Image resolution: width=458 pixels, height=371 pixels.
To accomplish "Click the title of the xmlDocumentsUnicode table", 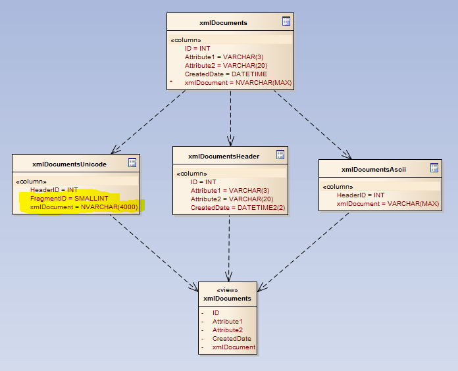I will pyautogui.click(x=69, y=163).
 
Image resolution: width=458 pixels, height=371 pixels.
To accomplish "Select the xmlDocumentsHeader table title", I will pyautogui.click(x=223, y=156).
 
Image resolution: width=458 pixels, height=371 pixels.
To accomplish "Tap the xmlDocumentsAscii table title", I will pyautogui.click(x=373, y=169).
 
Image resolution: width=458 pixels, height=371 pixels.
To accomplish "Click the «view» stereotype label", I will pyautogui.click(x=227, y=289).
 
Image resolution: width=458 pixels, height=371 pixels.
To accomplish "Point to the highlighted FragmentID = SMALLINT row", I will pyautogui.click(x=69, y=198).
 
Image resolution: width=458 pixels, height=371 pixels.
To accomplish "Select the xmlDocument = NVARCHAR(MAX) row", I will pyautogui.click(x=238, y=83).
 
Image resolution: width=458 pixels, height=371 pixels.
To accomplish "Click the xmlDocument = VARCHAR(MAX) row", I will pyautogui.click(x=388, y=204).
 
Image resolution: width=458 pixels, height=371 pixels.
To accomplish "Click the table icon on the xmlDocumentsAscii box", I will pyautogui.click(x=434, y=168).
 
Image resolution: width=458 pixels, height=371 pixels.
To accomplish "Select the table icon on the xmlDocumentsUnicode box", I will pyautogui.click(x=132, y=162).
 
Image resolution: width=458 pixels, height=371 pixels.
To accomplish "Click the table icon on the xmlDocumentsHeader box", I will pyautogui.click(x=280, y=155).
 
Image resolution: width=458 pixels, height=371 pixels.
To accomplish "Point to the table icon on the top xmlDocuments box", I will pyautogui.click(x=286, y=21).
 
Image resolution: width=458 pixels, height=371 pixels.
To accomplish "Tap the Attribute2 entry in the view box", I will pyautogui.click(x=227, y=330).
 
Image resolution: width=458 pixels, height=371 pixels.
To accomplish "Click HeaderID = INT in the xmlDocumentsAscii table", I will pyautogui.click(x=361, y=195).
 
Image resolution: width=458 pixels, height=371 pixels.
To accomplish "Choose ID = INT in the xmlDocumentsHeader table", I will pyautogui.click(x=203, y=182).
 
